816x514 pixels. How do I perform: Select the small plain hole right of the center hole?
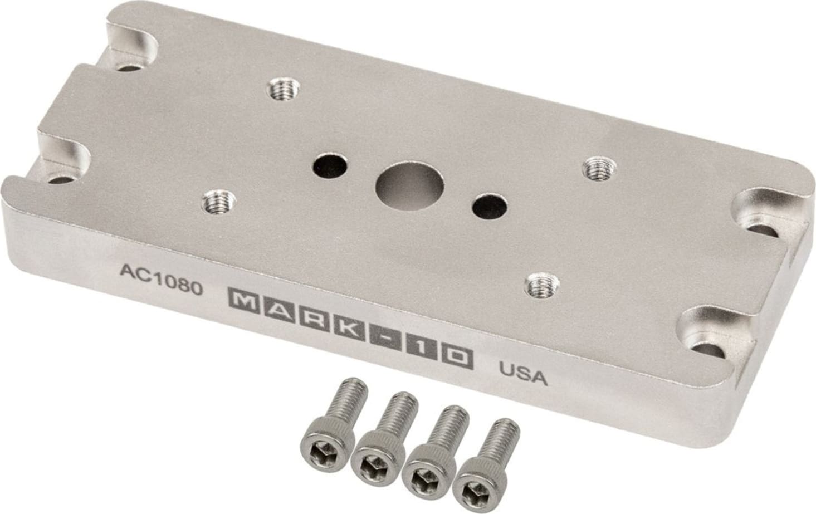point(488,207)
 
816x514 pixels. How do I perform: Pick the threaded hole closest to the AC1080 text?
point(218,200)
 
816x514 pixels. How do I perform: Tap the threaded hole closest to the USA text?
point(540,286)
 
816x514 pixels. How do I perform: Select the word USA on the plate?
point(523,374)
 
